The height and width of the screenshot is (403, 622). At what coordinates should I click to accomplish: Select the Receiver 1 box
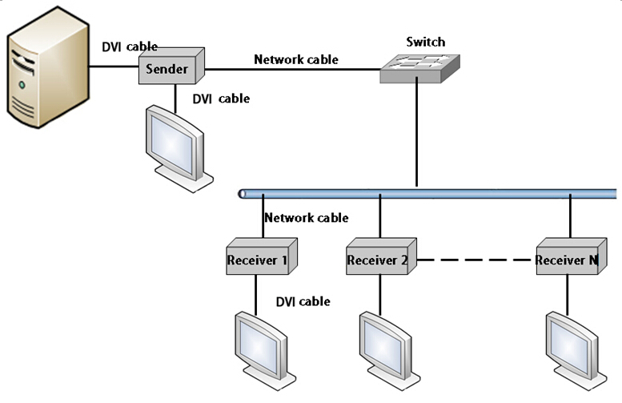click(262, 256)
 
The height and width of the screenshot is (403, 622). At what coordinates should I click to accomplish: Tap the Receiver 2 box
click(381, 256)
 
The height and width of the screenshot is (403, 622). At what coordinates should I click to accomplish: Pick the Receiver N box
click(572, 256)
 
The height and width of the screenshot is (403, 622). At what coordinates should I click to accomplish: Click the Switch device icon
click(419, 69)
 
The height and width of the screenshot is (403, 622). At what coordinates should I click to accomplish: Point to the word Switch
click(426, 42)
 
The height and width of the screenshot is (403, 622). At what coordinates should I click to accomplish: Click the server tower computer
click(47, 67)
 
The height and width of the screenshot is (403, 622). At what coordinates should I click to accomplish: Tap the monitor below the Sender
click(179, 149)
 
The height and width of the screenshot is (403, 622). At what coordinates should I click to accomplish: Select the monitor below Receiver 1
click(266, 351)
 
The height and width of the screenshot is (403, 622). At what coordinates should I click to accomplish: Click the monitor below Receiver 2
click(390, 351)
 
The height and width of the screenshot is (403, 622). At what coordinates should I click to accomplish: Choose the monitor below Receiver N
click(576, 351)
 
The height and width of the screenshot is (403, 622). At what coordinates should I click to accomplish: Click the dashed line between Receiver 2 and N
click(474, 260)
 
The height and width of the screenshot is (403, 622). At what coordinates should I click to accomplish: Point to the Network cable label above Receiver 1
click(307, 218)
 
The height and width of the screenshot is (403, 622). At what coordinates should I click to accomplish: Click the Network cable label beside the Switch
click(296, 59)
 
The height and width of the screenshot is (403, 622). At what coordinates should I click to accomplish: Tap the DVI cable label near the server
click(130, 46)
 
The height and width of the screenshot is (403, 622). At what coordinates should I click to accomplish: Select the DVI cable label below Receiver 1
click(303, 302)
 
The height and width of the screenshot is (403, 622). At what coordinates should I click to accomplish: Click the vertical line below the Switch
click(416, 132)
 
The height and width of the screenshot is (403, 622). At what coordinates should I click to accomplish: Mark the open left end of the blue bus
click(242, 194)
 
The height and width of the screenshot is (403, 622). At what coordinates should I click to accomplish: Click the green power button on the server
click(22, 85)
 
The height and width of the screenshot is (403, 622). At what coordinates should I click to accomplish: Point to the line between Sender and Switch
click(293, 70)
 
